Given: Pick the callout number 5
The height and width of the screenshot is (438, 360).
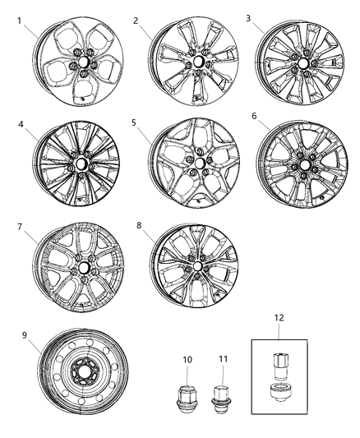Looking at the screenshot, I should pos(133,122).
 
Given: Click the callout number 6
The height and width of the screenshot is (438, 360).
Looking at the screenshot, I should pos(255,117).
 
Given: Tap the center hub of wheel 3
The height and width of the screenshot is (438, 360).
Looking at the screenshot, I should pos(302,63).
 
